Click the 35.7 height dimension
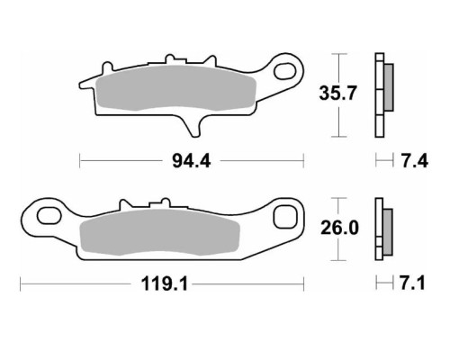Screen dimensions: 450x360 click(x=337, y=93)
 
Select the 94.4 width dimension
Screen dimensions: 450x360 click(x=192, y=161)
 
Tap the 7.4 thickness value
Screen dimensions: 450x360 click(x=414, y=161)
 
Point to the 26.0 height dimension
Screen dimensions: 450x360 click(x=339, y=228)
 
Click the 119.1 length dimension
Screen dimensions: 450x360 click(x=165, y=283)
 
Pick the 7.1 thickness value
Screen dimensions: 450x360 click(x=413, y=283)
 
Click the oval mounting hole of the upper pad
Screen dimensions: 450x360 click(x=284, y=71)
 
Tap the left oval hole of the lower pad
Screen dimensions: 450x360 click(x=49, y=215)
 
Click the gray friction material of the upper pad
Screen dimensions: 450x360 click(x=175, y=87)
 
